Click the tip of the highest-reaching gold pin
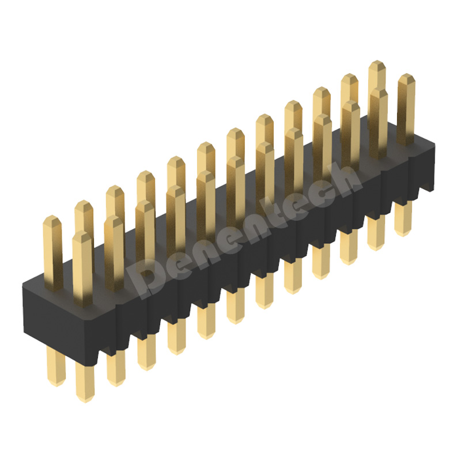[x=377, y=64]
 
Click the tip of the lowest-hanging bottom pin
[x=85, y=398]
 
